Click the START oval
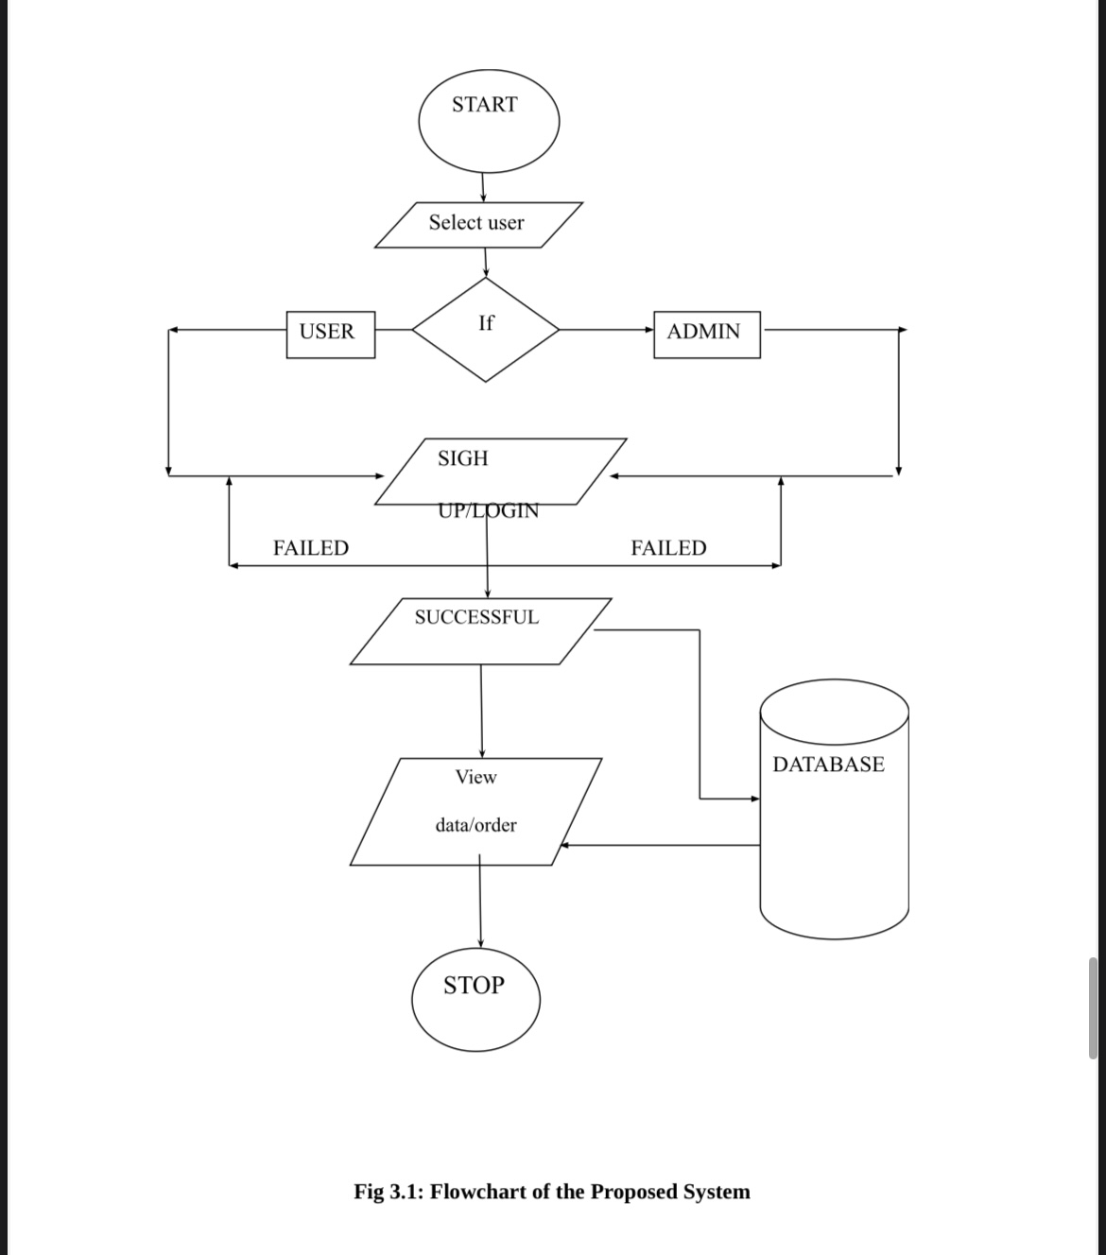(489, 121)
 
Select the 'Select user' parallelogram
(478, 224)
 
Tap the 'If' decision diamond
(486, 330)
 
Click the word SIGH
(463, 458)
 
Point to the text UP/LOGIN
(489, 511)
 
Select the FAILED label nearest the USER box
(311, 548)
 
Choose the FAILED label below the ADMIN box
(668, 548)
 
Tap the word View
(475, 777)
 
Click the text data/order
(475, 825)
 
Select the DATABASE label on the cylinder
(828, 765)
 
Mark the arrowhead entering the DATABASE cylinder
(755, 799)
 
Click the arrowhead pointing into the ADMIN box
(649, 330)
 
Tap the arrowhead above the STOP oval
(480, 942)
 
